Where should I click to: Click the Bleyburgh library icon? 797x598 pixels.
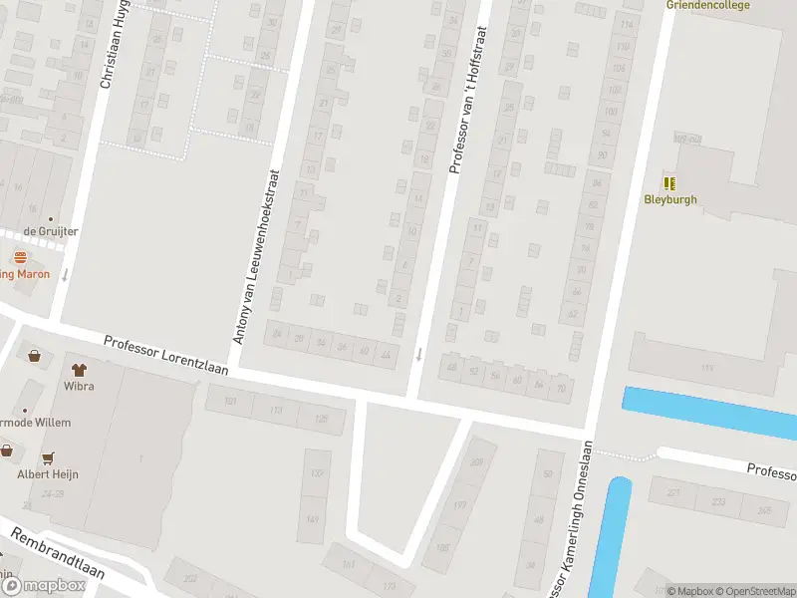click(670, 183)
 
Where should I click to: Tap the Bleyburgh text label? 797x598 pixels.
click(670, 199)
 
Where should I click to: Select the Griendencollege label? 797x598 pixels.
click(707, 4)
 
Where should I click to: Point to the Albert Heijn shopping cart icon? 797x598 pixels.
click(47, 458)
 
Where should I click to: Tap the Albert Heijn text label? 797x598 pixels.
click(47, 474)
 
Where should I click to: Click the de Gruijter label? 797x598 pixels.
click(52, 231)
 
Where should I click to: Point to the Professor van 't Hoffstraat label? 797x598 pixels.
click(469, 88)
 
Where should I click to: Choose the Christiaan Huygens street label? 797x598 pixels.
click(114, 45)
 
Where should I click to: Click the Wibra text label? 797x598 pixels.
click(79, 386)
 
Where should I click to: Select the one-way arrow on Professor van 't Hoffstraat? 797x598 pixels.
click(419, 354)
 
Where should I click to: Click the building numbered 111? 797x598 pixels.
click(708, 369)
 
